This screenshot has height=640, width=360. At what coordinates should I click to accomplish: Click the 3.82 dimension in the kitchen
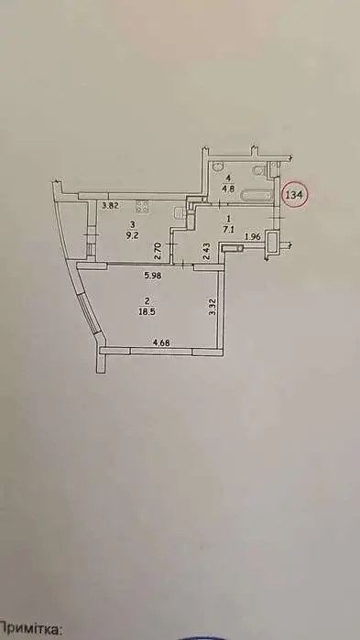(x=110, y=206)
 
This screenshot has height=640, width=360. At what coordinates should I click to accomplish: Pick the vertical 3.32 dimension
(x=212, y=309)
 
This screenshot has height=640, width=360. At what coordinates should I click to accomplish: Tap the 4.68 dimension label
(x=136, y=343)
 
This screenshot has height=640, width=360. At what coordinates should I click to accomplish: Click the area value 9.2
(x=134, y=234)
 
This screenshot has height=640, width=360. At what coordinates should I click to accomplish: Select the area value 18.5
(x=146, y=311)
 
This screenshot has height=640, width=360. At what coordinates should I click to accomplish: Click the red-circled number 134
(x=296, y=195)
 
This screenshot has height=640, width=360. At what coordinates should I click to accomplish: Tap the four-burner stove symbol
(x=142, y=206)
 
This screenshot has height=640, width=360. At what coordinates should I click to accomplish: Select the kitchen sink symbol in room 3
(x=175, y=212)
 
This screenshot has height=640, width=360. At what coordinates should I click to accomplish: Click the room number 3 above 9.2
(x=133, y=223)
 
